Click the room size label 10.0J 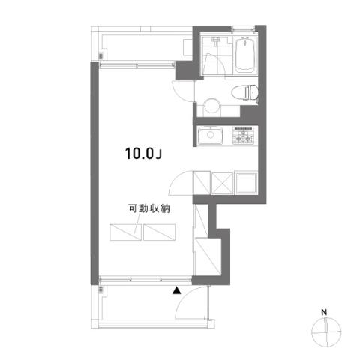coord(143,153)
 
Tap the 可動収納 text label coord(149,208)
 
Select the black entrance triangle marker coord(177,290)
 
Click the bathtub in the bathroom coord(246,55)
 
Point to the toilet coord(245,92)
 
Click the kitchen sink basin coord(210,136)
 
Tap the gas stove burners coord(243,136)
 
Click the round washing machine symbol coord(212,106)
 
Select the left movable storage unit coord(125,232)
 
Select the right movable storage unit coord(160,232)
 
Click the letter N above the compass coord(324,312)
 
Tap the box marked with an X coord(222,184)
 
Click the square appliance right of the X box coord(246,183)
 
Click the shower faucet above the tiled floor coord(215,40)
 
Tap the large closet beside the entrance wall coord(208,256)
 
